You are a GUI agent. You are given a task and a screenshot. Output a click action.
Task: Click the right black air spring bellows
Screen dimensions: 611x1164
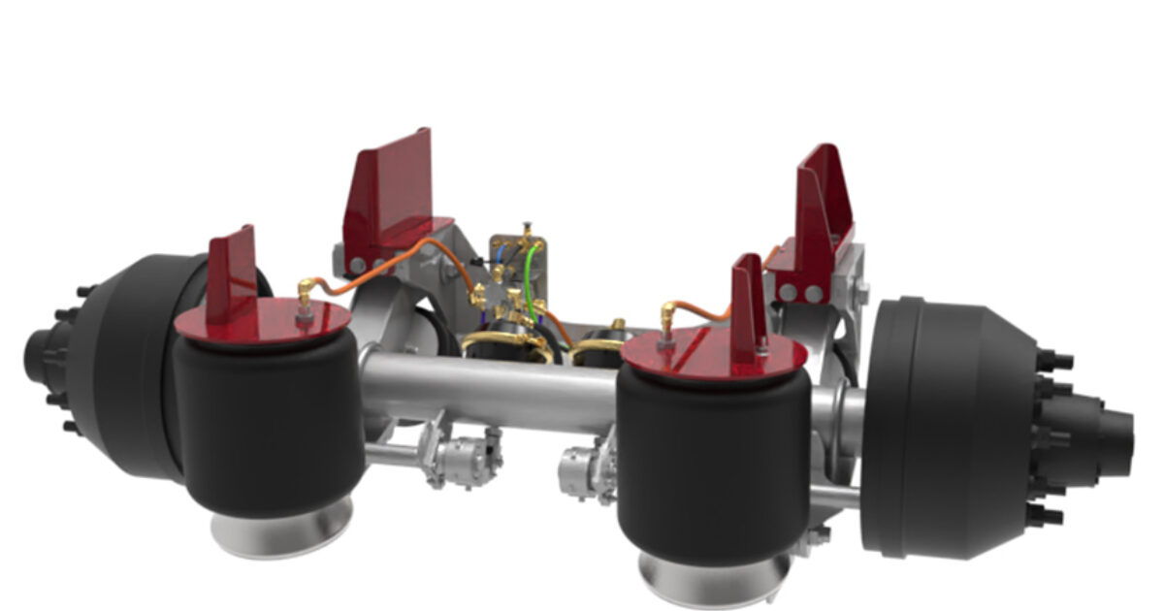click(713, 456)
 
